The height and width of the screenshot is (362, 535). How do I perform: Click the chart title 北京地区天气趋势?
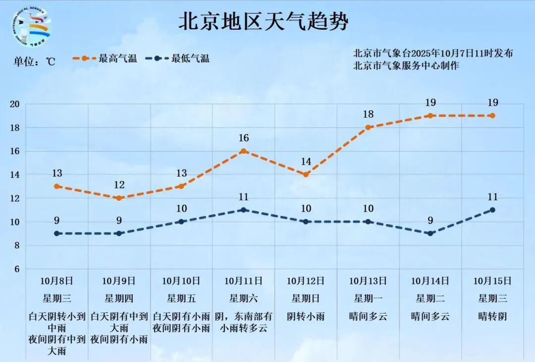coord(264,22)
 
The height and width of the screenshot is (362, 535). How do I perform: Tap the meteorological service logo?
coord(30,28)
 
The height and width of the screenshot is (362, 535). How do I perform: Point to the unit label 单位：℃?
coord(34,62)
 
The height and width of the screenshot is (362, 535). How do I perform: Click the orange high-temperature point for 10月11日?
coord(243,151)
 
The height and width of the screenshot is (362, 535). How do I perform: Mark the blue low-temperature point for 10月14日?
coord(430,233)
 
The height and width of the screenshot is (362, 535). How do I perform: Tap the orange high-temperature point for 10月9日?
coord(119,198)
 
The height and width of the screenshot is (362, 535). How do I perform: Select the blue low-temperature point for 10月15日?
coord(492,210)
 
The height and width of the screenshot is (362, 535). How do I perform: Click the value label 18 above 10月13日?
coord(368,114)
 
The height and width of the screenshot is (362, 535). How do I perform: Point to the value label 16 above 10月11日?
coord(243,138)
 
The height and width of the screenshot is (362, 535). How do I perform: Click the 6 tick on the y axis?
coord(16,269)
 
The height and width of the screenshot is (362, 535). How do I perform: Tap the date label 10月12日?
coord(306,281)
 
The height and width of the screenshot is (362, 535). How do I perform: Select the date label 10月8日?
coord(57,281)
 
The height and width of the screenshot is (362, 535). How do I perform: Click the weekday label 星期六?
coord(243,298)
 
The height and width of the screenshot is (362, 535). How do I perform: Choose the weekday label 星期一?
coord(368,298)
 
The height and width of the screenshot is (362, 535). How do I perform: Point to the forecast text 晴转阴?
coord(492,316)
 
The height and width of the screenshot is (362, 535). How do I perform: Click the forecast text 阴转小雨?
coord(306,316)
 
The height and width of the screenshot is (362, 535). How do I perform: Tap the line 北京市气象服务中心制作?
coord(406,66)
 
